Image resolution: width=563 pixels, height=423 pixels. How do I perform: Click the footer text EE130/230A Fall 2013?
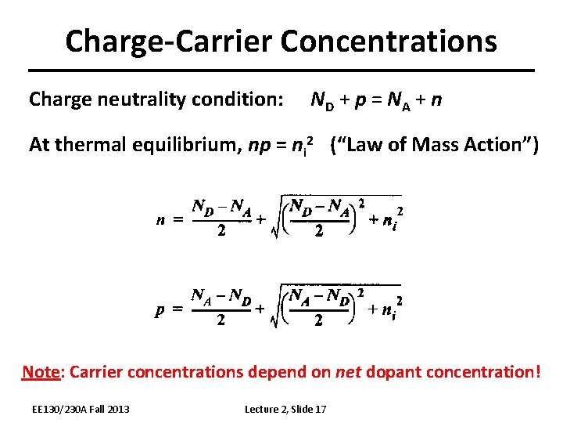tap(81, 409)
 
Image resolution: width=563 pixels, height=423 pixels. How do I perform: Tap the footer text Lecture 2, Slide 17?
tap(285, 409)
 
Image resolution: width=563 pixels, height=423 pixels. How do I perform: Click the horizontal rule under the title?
tap(281, 70)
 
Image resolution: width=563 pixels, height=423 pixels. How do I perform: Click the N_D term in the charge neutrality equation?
tap(321, 100)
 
